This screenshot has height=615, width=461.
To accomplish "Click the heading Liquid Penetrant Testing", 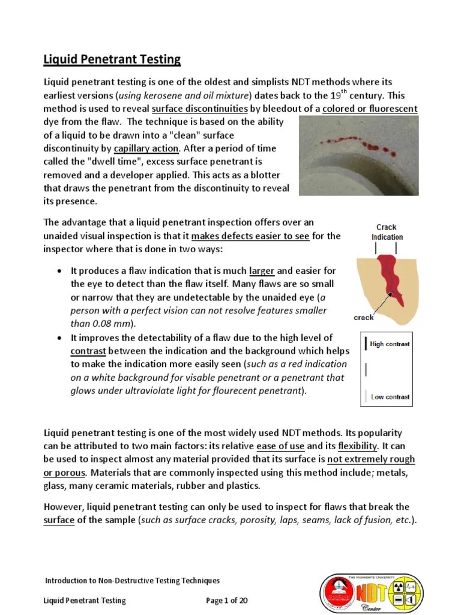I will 112,59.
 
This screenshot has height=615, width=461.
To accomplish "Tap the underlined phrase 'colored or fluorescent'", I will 370,109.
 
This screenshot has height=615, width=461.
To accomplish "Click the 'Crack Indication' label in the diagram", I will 387,232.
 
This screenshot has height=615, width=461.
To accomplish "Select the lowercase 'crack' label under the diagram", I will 364,318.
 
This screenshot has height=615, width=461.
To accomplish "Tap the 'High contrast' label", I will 390,344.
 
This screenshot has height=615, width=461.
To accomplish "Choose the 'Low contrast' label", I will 390,397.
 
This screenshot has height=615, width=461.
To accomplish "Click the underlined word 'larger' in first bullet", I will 262,271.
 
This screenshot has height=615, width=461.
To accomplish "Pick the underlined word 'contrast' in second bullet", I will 88,351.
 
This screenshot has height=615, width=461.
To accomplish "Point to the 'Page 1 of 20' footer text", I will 227,600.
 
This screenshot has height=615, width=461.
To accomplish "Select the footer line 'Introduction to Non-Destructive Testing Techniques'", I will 133,580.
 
